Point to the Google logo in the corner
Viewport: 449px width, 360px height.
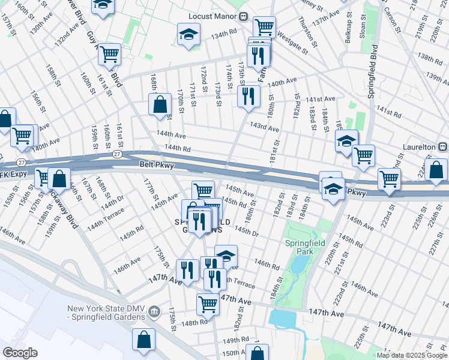[20, 353]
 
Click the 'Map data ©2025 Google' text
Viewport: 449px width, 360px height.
[412, 355]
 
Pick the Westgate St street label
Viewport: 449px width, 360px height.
[292, 45]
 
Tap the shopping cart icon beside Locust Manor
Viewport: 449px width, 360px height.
[264, 26]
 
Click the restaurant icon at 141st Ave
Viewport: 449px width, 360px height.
[249, 96]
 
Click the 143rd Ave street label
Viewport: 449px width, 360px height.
[265, 128]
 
